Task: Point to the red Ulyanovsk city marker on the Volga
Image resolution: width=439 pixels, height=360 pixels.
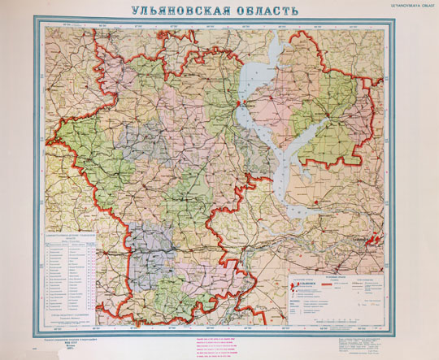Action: pyautogui.click(x=238, y=105)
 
